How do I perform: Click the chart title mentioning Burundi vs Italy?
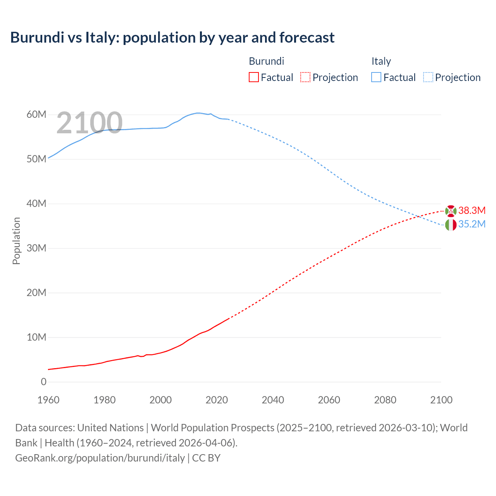click(172, 38)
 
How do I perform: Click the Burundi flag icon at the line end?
click(451, 211)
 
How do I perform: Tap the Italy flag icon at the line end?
click(451, 225)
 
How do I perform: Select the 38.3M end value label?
click(472, 210)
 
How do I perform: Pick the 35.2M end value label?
click(472, 224)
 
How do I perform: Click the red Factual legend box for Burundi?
click(253, 77)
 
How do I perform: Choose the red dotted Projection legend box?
click(305, 77)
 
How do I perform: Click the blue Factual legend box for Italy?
click(376, 77)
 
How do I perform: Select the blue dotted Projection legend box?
click(428, 77)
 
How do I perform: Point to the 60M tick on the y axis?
click(36, 115)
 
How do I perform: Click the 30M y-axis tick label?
click(36, 248)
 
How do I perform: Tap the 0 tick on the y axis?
click(43, 382)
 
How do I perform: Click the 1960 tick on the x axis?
click(48, 400)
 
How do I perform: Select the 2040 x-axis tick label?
click(273, 400)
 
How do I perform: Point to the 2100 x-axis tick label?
click(441, 400)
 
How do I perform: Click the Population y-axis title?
click(16, 241)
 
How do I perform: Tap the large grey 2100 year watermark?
click(90, 123)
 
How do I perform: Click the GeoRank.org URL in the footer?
click(100, 458)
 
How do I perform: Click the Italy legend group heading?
click(381, 61)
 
